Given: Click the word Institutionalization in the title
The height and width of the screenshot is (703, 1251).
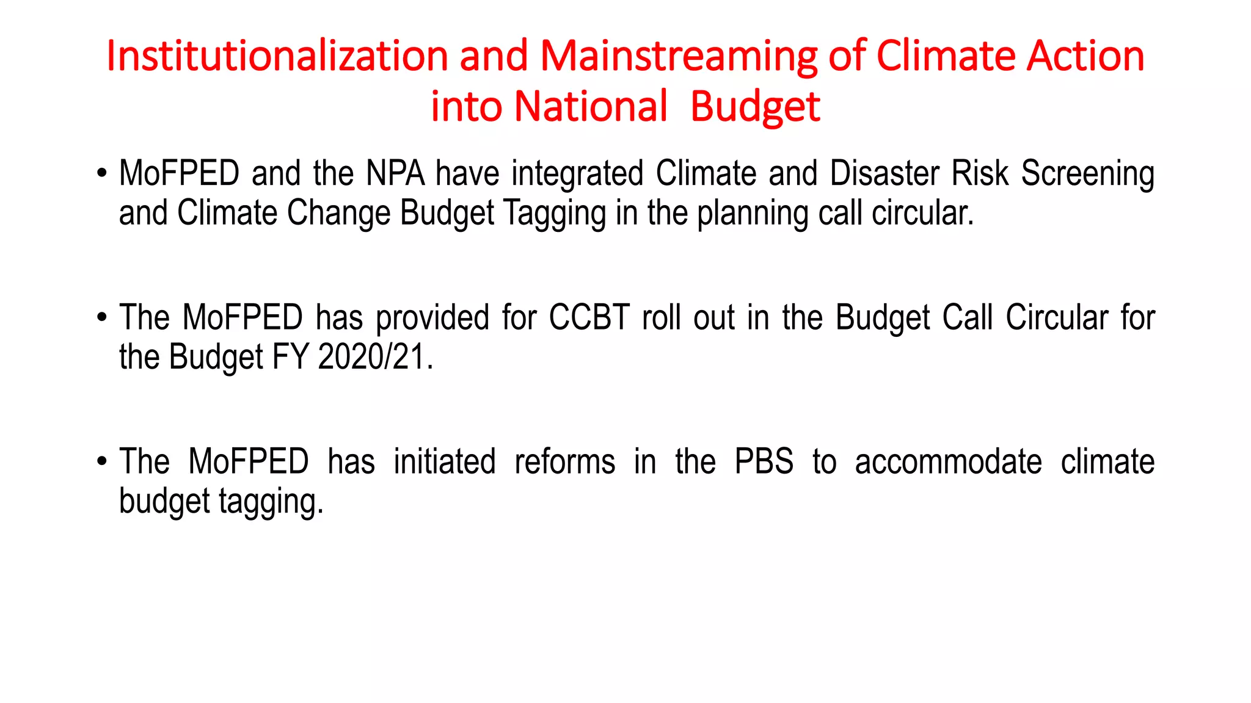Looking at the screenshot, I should [x=277, y=56].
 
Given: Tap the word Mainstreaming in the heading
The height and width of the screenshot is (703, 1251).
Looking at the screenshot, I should [x=678, y=56].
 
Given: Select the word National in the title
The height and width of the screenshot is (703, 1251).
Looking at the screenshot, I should [x=591, y=106].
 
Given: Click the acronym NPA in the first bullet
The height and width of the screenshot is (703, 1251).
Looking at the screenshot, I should [x=395, y=173].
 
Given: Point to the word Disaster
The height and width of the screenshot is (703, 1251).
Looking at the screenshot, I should [x=884, y=173].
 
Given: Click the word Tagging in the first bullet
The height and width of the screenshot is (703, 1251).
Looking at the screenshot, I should [x=555, y=214].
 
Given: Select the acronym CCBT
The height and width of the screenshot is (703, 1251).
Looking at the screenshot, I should [x=589, y=317].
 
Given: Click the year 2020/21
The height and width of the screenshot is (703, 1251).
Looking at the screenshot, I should [x=375, y=357].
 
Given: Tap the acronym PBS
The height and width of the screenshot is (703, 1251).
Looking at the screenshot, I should [x=764, y=461].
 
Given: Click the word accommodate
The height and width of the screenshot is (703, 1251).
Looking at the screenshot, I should [x=948, y=461].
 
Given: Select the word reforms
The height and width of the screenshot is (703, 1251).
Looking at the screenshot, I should [x=564, y=461].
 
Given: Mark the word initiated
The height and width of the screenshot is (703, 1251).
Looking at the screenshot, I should [x=444, y=461].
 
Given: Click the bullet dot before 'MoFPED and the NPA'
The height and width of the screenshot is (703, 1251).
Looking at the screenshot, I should [x=102, y=173].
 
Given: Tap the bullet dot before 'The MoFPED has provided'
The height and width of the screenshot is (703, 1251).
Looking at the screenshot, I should [x=102, y=317].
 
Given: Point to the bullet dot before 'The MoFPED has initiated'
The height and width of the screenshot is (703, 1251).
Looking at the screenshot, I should [x=102, y=461].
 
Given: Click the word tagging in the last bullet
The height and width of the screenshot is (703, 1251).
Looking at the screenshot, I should [x=271, y=502].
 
